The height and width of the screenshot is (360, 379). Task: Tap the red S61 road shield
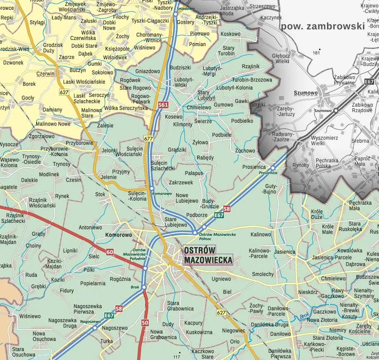coord(163,105)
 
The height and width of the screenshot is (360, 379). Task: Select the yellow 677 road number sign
coord(149,138)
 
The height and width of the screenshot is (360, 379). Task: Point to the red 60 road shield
coord(110,252)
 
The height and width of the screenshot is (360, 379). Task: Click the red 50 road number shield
coord(145,322)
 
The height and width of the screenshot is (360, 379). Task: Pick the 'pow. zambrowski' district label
coord(323,26)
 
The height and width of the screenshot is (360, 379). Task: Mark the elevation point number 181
coord(316,53)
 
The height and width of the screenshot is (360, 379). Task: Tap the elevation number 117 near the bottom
coord(177,356)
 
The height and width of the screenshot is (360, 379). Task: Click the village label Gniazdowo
coord(148,71)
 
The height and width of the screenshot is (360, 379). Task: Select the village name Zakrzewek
coord(181,182)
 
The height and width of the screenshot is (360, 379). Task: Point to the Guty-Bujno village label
coord(269,189)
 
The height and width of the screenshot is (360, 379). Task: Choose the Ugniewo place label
coord(221,279)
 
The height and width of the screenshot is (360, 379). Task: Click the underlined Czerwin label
coord(45,74)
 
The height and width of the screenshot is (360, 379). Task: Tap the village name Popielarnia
coord(93,283)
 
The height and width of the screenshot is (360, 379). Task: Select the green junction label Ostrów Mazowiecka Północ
coord(220,236)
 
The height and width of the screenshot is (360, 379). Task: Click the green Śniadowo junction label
coord(185,8)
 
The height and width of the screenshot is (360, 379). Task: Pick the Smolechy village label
coord(263,274)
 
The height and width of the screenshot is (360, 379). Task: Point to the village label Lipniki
coord(71,250)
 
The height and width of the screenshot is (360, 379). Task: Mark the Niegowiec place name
coord(233,330)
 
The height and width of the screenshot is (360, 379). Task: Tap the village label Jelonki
coord(109,150)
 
